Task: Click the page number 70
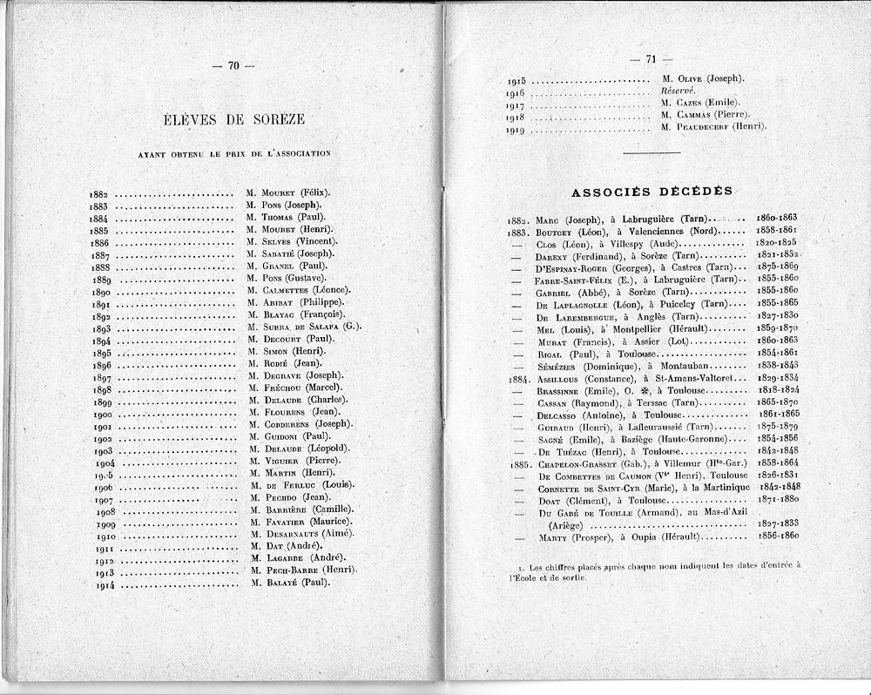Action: pyautogui.click(x=233, y=65)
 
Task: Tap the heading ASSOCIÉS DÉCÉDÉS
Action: pyautogui.click(x=651, y=191)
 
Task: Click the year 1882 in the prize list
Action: pyautogui.click(x=98, y=193)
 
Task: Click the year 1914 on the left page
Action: pyautogui.click(x=106, y=584)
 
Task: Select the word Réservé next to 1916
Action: pyautogui.click(x=679, y=91)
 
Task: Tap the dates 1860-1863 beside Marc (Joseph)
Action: pyautogui.click(x=778, y=217)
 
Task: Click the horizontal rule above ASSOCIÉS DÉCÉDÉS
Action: pyautogui.click(x=651, y=153)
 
